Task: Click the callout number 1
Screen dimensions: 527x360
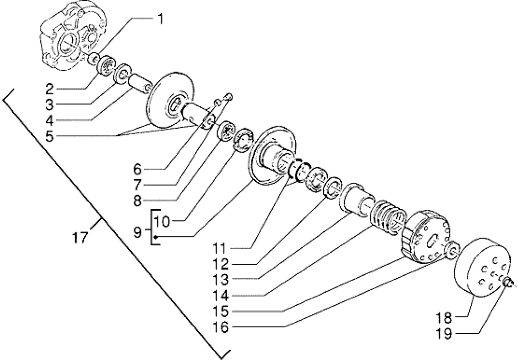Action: tap(160, 19)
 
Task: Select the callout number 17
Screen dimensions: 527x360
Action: tap(81, 238)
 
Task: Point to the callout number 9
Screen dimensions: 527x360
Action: tap(137, 232)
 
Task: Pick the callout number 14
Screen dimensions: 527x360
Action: tap(221, 296)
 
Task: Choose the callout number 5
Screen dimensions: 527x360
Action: tap(50, 137)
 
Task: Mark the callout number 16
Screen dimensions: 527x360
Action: tap(221, 327)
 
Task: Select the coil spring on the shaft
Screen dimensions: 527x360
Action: tap(388, 217)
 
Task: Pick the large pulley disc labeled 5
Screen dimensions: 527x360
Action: tap(171, 100)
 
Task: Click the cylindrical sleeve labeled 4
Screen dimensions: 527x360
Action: tap(138, 84)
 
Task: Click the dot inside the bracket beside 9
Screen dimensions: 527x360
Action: tap(155, 237)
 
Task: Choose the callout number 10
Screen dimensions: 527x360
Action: tap(162, 221)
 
